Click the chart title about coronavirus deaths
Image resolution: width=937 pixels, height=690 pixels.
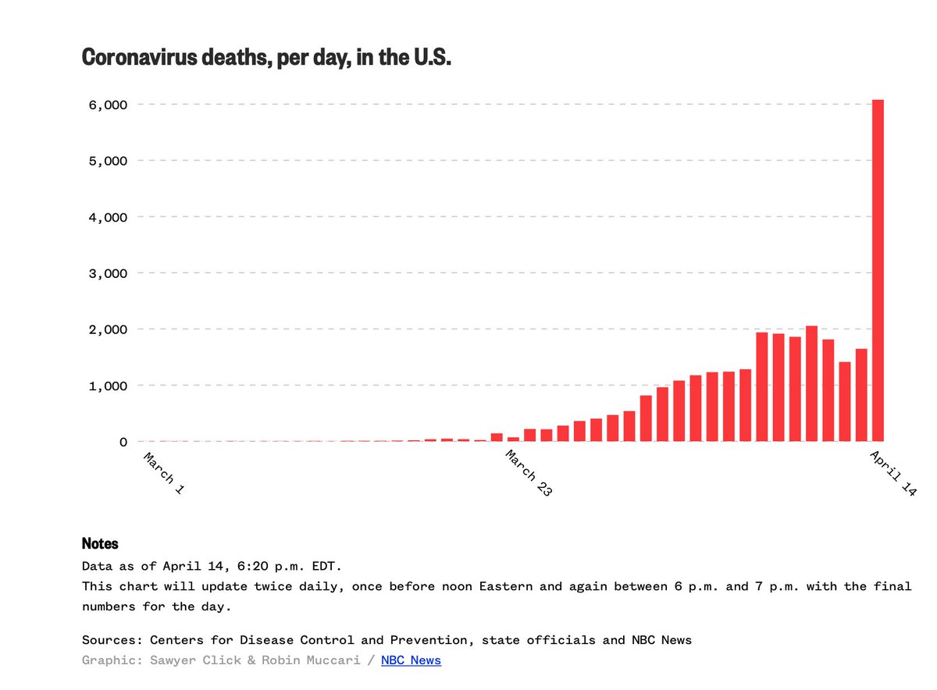266,58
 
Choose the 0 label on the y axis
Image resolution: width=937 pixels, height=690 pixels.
123,442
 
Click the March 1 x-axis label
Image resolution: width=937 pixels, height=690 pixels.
164,471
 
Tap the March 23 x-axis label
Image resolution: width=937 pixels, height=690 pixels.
529,474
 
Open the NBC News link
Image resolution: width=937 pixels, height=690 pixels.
411,660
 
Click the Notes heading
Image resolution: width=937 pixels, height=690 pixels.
100,543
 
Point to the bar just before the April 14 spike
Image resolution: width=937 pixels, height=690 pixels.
861,395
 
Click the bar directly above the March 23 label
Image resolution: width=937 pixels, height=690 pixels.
497,437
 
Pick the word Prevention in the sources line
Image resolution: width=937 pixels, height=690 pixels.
433,640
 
